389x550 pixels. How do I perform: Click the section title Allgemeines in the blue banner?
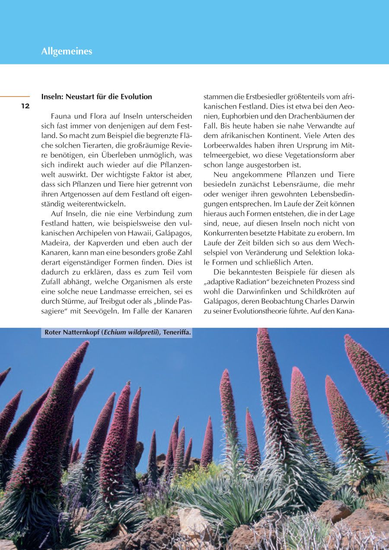[x=67, y=51]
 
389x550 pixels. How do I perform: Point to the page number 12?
[x=26, y=106]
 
